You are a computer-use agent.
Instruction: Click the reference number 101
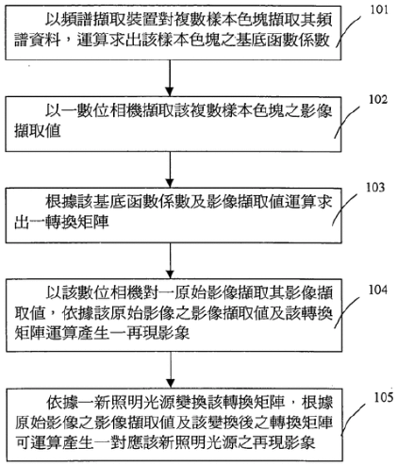pyautogui.click(x=378, y=9)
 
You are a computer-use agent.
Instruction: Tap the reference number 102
pyautogui.click(x=378, y=99)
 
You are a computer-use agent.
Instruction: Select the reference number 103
pyautogui.click(x=375, y=188)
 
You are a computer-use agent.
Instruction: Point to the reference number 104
pyautogui.click(x=378, y=290)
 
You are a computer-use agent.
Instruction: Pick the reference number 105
pyautogui.click(x=384, y=397)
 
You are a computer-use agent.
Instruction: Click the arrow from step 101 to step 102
pyautogui.click(x=170, y=78)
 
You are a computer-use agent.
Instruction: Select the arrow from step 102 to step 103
pyautogui.click(x=170, y=170)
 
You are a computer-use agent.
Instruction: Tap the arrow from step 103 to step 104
pyautogui.click(x=170, y=260)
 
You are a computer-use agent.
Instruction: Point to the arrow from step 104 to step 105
pyautogui.click(x=171, y=370)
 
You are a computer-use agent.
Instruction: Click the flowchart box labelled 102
pyautogui.click(x=174, y=125)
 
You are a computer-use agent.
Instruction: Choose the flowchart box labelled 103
pyautogui.click(x=174, y=215)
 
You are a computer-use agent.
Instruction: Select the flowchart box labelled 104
pyautogui.click(x=174, y=315)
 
